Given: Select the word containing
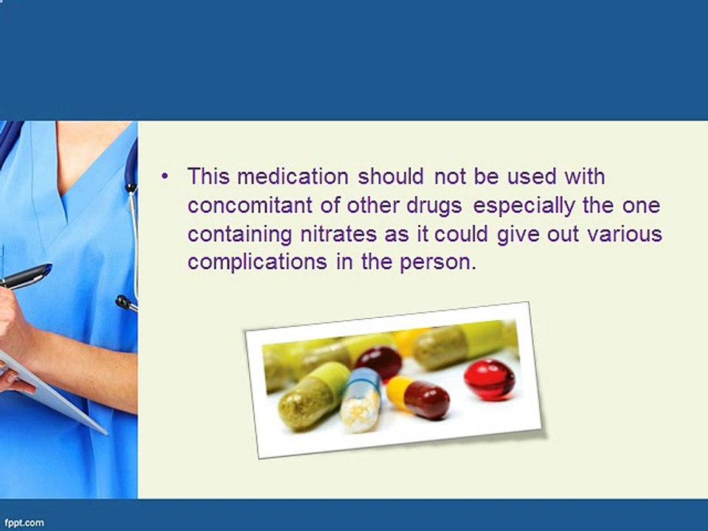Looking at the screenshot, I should (240, 235).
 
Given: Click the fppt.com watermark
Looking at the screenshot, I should (22, 523).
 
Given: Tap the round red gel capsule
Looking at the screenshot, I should (489, 378).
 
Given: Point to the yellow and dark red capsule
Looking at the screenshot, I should (418, 397).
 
